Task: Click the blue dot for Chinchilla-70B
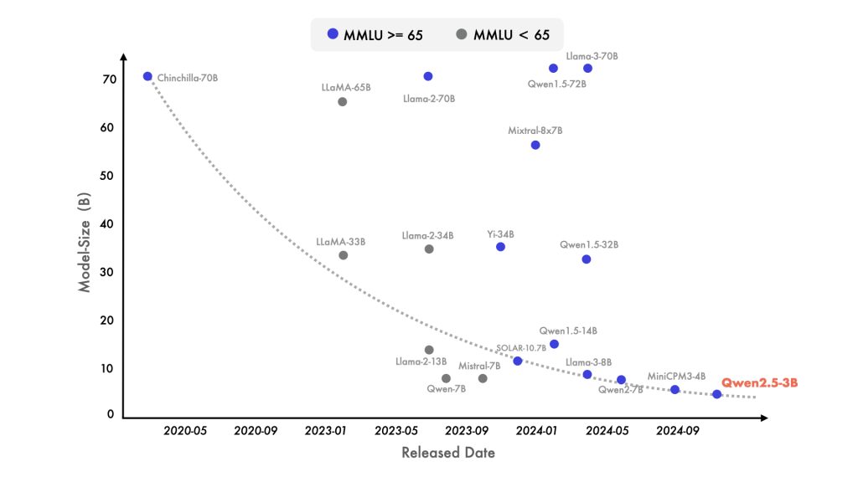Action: tap(147, 76)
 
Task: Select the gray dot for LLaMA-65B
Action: tap(342, 102)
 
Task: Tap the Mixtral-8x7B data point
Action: tap(535, 145)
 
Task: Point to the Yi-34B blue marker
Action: tap(500, 247)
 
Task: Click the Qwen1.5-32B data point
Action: tap(587, 259)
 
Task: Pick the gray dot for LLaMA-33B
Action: tap(343, 255)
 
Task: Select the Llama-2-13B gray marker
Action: tap(429, 350)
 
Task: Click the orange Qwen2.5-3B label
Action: tap(759, 382)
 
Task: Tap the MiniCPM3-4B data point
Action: tap(675, 389)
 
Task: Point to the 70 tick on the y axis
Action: tap(108, 79)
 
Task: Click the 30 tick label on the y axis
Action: tap(108, 272)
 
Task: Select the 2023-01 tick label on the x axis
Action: tap(326, 431)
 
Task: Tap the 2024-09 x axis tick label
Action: tap(677, 431)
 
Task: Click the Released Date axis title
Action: tap(447, 453)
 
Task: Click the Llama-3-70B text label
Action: tap(592, 56)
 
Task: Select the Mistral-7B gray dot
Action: tap(483, 378)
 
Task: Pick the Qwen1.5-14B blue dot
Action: tap(554, 344)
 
